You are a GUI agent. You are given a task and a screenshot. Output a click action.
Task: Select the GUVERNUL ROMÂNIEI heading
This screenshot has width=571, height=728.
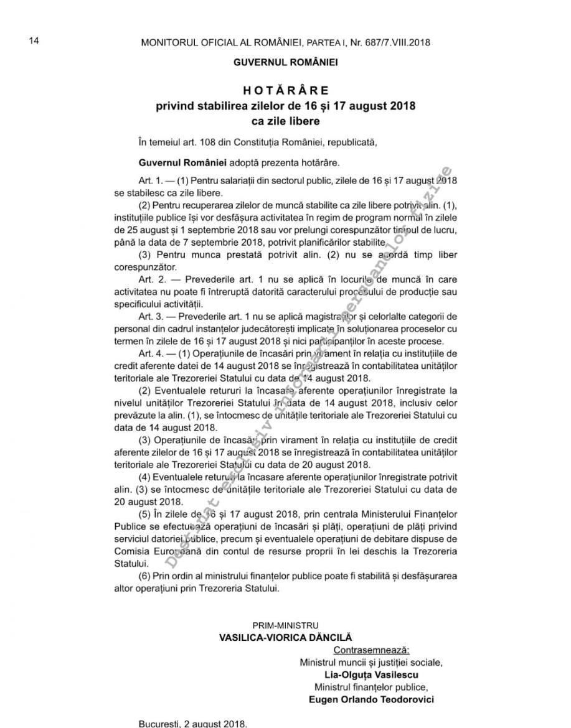(285, 63)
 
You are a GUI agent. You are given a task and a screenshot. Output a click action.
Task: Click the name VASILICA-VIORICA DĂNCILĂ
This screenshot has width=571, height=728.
(285, 637)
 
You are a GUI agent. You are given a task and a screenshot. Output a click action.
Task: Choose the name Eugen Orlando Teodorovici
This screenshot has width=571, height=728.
(371, 699)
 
